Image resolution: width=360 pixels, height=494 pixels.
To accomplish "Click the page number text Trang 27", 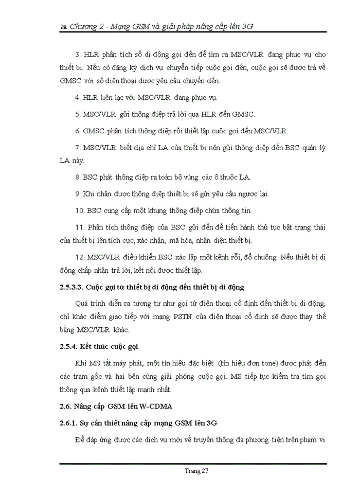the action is pyautogui.click(x=196, y=470).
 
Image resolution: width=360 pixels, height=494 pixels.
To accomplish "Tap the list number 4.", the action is pyautogui.click(x=77, y=97).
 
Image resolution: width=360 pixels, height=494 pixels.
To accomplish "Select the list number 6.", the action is pyautogui.click(x=77, y=130).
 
